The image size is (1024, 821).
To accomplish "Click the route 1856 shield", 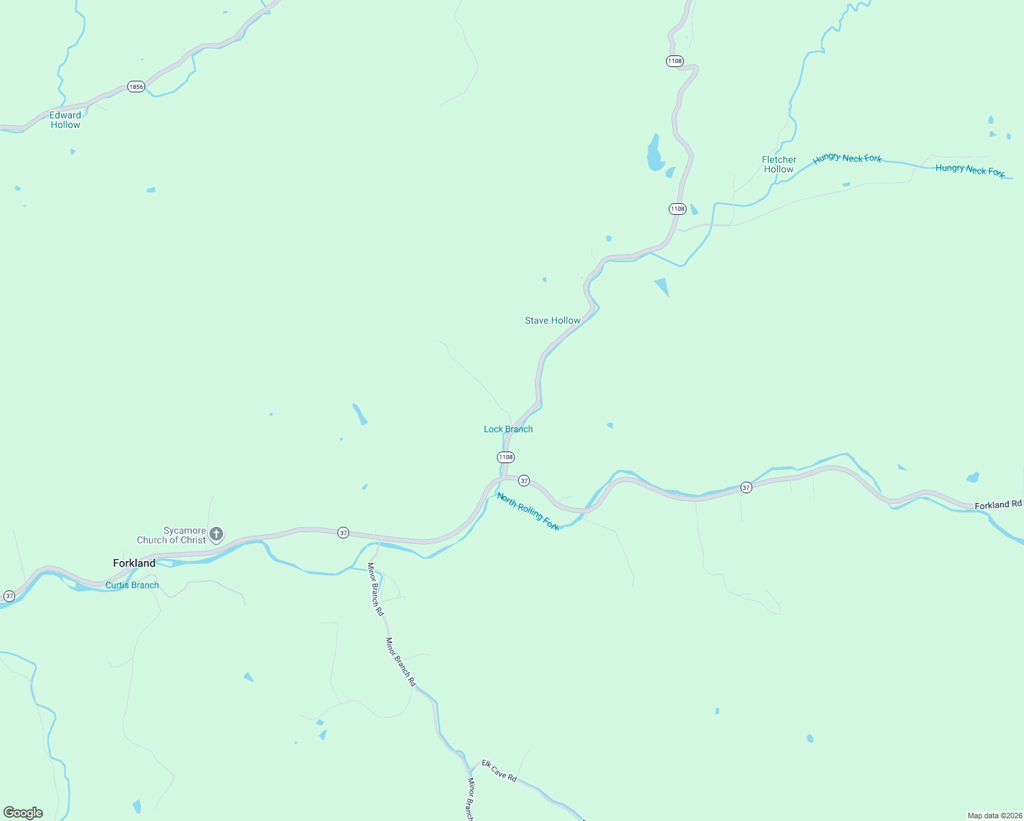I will (136, 87).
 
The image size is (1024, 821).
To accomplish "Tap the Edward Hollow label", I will (66, 120).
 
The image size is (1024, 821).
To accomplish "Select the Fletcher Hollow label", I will (779, 164).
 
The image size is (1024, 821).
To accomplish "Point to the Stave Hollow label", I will (552, 320).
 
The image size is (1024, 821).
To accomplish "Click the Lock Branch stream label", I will (508, 429).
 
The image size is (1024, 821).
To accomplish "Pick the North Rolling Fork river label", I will (528, 511).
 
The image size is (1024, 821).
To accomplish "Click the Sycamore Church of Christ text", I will (172, 535).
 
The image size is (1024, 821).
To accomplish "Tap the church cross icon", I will (216, 534).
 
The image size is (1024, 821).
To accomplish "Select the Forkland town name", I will (134, 563).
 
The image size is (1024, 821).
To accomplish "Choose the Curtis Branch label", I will (132, 585).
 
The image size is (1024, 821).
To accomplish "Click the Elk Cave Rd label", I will (499, 770).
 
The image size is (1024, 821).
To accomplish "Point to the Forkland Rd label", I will (998, 505).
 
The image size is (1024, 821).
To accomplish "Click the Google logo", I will (23, 813).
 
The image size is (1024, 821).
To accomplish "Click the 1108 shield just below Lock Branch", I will (505, 457).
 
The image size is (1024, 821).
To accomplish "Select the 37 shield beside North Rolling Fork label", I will (524, 481).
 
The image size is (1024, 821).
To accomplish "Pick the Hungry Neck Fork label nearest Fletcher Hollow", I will (847, 159).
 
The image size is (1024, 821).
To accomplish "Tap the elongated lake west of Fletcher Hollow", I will (655, 153).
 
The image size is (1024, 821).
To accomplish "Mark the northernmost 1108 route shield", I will (675, 61).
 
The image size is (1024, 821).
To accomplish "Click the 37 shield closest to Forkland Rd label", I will (746, 487).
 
